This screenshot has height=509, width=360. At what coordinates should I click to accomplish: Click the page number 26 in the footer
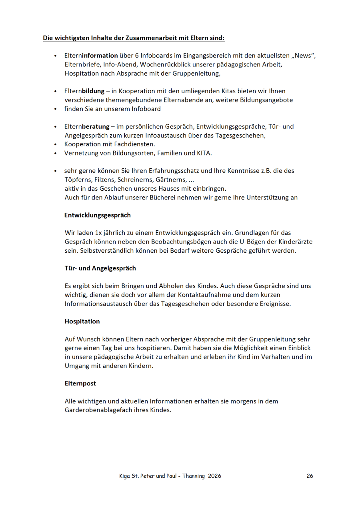point(310,476)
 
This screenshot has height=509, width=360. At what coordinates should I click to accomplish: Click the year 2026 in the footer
point(214,476)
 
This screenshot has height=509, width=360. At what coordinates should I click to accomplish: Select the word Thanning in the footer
point(194,476)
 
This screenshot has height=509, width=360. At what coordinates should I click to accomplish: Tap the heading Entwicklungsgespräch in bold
point(98,215)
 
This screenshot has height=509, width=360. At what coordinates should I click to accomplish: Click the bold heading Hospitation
point(82,321)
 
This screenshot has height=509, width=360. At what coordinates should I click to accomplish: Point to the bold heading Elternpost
point(80,383)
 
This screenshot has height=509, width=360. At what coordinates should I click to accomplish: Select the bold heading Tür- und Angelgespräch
point(100,268)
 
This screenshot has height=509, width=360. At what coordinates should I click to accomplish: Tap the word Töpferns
point(77,180)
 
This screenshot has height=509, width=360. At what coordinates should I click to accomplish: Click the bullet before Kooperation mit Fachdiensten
point(56,144)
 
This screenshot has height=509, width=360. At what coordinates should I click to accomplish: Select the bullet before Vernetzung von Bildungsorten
point(56,153)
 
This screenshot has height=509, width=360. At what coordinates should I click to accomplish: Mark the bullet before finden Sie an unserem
point(56,109)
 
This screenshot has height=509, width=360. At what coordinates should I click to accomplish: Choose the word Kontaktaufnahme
point(220,295)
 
